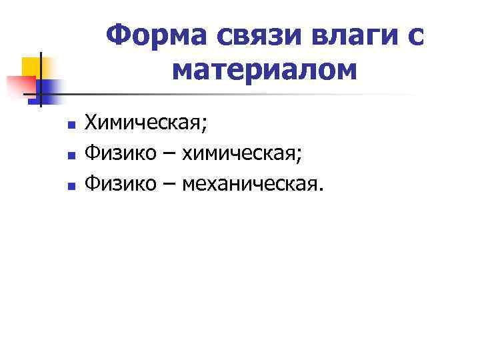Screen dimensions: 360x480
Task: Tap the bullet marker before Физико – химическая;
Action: pos(69,156)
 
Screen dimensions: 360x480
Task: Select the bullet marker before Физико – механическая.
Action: pos(69,187)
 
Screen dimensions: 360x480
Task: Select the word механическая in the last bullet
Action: pos(254,184)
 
